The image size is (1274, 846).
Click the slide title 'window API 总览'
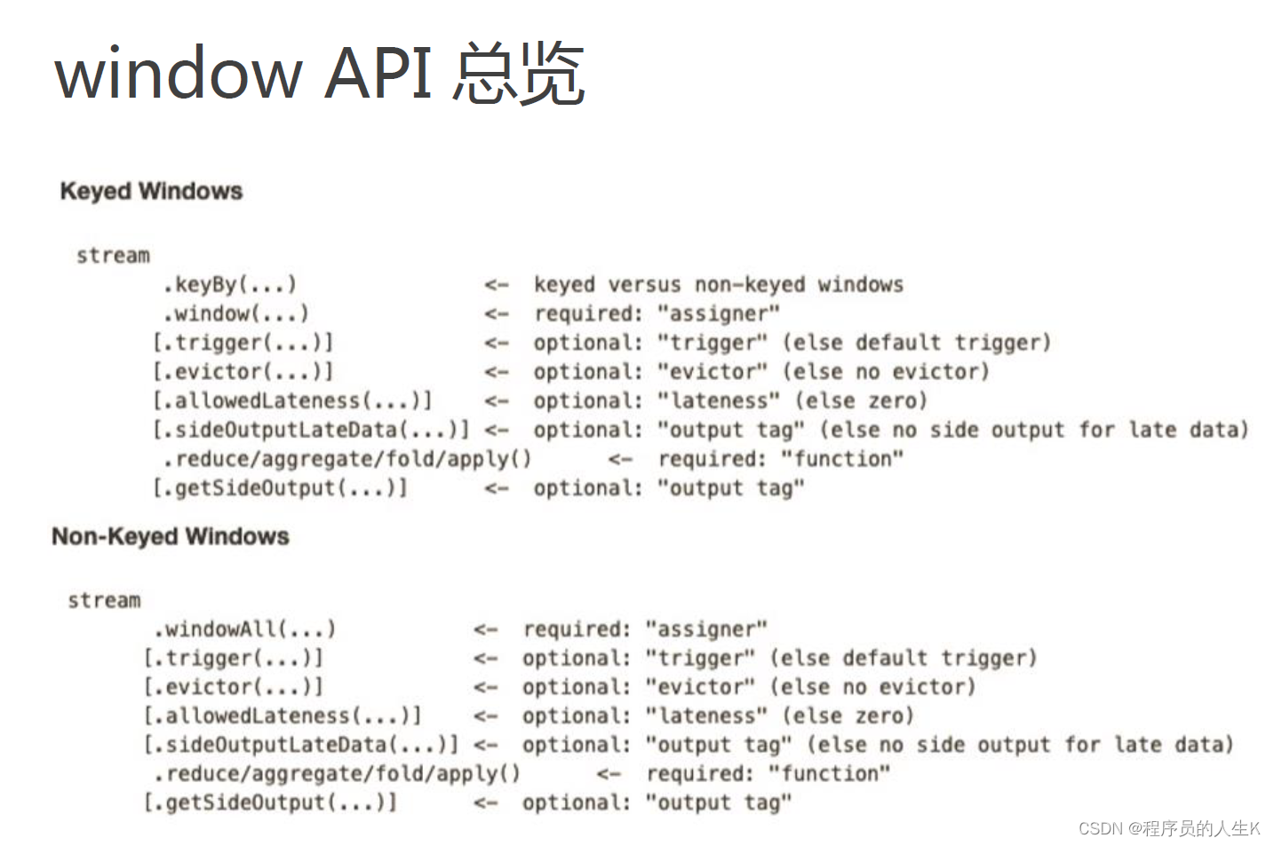(x=320, y=73)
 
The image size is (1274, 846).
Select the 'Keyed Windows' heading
(x=151, y=191)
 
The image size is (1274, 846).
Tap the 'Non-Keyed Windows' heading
(x=171, y=536)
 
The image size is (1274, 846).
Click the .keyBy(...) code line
(x=229, y=284)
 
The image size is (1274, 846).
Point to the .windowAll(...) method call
(x=244, y=629)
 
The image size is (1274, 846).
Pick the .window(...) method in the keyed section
(x=235, y=313)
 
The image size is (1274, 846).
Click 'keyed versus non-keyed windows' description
(x=718, y=284)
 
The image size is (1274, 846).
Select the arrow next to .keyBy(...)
(x=497, y=285)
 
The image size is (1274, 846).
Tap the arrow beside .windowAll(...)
(x=485, y=630)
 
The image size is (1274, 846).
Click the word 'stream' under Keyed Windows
(x=113, y=256)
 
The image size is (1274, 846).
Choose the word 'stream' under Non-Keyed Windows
(x=104, y=601)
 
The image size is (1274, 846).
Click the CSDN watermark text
(x=1169, y=828)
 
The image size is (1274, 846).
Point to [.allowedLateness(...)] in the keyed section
(x=292, y=400)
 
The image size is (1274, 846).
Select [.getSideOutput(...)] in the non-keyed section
(x=270, y=803)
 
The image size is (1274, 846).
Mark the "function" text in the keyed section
(x=841, y=459)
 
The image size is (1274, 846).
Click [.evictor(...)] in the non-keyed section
(x=233, y=687)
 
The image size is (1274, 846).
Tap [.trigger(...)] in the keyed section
(x=243, y=343)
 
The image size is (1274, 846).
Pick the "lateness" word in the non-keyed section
(x=706, y=716)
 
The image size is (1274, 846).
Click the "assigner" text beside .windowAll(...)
(x=706, y=629)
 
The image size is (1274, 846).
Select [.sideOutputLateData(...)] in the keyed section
(x=310, y=430)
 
